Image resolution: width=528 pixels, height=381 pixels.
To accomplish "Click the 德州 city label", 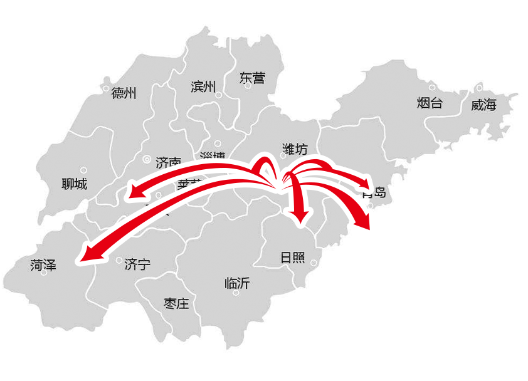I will [x=124, y=94].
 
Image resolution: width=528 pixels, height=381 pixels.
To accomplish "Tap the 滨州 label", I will [x=203, y=86].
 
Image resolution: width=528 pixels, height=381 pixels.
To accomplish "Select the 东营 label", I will [x=252, y=78].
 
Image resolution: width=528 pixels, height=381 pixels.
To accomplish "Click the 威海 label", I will [x=483, y=105].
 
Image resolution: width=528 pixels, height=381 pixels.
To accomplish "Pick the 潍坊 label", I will [x=295, y=149].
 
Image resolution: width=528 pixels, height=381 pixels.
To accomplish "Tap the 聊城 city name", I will [x=75, y=184].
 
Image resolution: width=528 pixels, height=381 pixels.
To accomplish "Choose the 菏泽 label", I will [x=43, y=266].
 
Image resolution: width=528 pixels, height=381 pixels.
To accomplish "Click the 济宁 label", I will [x=137, y=264].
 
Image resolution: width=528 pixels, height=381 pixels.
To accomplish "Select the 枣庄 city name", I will [x=176, y=304].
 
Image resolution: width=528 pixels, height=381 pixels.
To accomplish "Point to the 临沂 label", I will [x=237, y=283].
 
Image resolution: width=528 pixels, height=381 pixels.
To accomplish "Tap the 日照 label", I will [x=292, y=258].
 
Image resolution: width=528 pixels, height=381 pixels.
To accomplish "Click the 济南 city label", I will [x=168, y=162].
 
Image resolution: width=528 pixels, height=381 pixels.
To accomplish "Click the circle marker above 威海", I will [x=479, y=87].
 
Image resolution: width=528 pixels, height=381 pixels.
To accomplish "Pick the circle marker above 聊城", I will [x=83, y=169].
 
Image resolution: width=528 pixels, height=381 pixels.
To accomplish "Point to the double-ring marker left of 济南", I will [x=147, y=160].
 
